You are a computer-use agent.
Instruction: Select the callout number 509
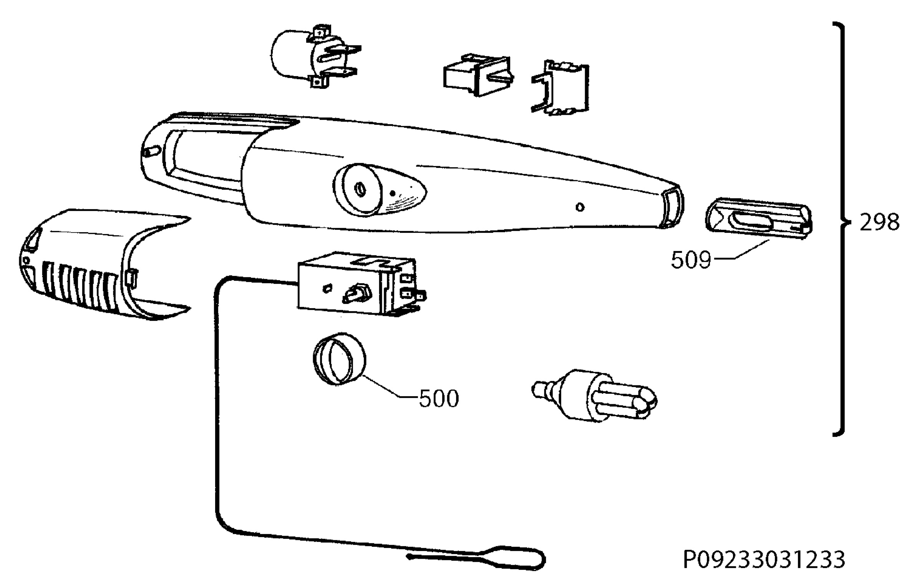(691, 260)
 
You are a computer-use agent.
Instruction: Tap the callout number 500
(438, 398)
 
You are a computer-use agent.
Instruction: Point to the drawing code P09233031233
(764, 559)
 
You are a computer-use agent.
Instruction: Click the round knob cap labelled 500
(339, 359)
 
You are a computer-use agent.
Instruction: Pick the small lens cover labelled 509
(759, 219)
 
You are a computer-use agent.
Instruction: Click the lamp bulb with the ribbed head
(594, 395)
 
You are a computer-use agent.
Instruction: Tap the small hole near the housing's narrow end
(580, 207)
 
